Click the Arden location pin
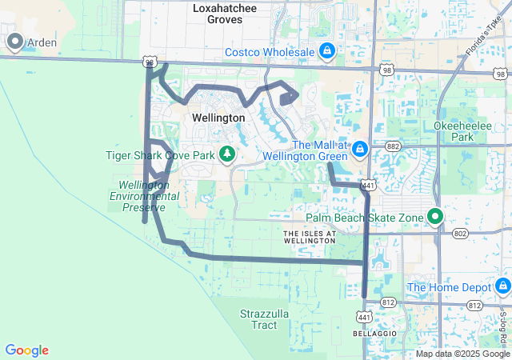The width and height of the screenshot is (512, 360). pos(14,42)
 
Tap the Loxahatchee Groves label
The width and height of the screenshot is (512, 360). pos(218,14)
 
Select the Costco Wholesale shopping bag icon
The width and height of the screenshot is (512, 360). pos(326,52)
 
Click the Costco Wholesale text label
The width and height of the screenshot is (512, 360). pos(269,52)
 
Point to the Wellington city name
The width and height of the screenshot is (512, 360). pos(218,118)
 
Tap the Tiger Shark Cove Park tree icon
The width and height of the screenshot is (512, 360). pos(227,154)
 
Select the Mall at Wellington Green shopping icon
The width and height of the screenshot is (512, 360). pos(359,150)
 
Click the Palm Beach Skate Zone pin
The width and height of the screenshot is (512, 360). pos(435,216)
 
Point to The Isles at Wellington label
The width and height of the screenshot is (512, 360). pos(309,236)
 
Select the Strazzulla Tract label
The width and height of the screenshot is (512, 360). pos(264,320)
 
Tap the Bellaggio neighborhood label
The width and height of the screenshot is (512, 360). pos(369,332)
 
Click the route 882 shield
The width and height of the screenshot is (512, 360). pos(392,146)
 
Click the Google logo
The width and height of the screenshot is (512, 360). pos(26,350)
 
